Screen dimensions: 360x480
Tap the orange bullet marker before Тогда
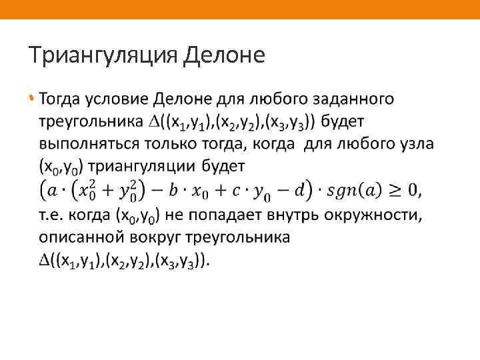[x=31, y=99]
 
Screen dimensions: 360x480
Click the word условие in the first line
[x=118, y=100]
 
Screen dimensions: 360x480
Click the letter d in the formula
[x=303, y=191]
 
